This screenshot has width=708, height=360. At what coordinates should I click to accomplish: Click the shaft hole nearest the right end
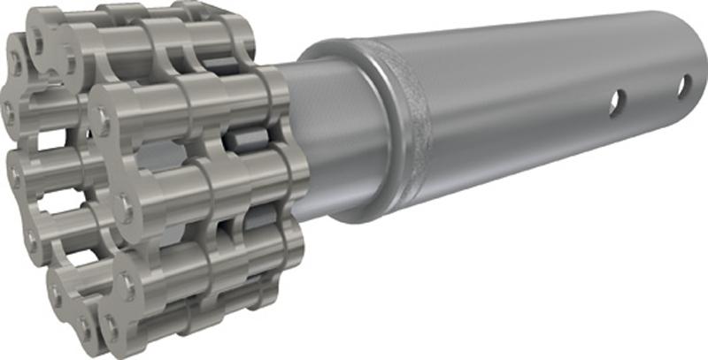(684, 87)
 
